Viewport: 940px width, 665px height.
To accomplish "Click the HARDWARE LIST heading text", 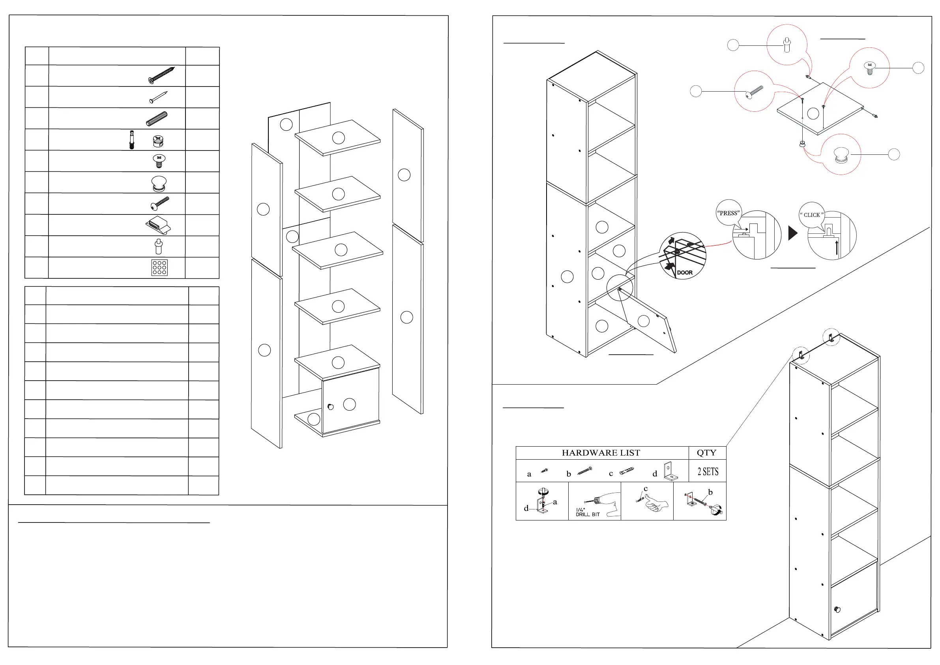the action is pos(601,453).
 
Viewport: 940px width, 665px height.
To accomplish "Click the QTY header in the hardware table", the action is pos(706,453).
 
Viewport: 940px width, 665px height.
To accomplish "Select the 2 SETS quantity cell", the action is pos(708,472).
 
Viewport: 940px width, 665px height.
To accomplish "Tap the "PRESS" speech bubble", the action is pos(728,213).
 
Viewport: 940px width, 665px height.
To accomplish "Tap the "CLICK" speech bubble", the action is pos(811,214).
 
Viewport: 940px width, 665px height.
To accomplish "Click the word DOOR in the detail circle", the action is pos(685,272).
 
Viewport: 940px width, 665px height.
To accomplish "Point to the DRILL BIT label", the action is pos(588,514).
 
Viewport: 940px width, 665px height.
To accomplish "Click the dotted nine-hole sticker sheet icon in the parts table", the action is pos(159,268).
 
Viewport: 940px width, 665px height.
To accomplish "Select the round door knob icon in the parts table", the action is pos(159,184).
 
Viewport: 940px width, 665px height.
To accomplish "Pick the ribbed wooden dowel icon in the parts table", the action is pos(157,119).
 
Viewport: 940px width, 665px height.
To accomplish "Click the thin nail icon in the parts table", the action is pos(158,97).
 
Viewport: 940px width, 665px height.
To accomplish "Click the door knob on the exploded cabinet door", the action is pos(331,406).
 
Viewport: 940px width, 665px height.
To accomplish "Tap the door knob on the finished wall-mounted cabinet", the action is pos(837,610).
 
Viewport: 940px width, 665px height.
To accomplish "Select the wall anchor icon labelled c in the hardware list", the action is pos(627,470).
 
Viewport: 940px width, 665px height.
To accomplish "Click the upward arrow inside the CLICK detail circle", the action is pos(837,248).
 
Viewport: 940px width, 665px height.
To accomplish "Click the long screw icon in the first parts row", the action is pos(161,75).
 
